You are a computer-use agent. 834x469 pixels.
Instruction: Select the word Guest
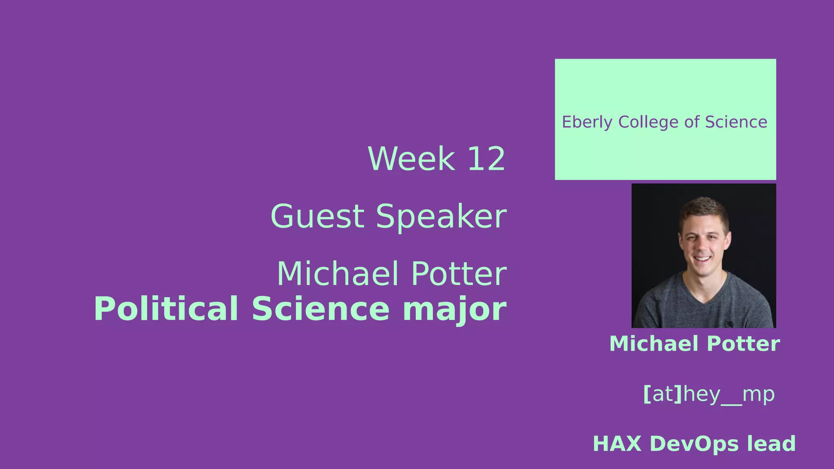pos(317,217)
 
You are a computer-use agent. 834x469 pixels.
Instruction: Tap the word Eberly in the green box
pos(587,122)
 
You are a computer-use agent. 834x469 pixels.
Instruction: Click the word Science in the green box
pos(736,122)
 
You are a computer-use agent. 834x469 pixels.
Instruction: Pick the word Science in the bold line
pos(320,309)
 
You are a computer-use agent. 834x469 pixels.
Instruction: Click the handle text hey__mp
pos(729,394)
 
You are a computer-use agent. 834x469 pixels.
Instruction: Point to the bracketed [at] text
pos(662,394)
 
